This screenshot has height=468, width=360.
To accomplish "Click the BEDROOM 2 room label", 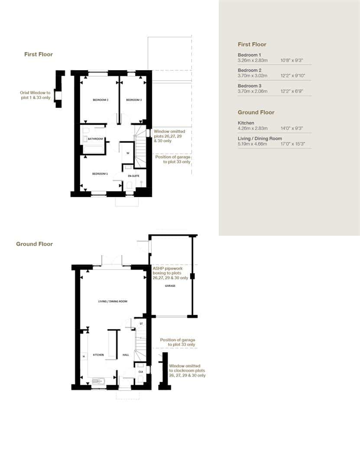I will pos(100,100).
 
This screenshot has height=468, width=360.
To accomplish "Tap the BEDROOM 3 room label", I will pos(134,100).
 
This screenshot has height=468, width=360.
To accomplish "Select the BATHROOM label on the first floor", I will pos(95,139).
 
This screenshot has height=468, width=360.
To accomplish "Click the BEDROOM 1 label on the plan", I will pos(100,174).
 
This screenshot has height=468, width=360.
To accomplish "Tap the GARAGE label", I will pos(170,286).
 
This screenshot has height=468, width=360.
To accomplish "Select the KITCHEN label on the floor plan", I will pos(98,355).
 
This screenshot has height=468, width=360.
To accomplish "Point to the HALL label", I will pos(126,355).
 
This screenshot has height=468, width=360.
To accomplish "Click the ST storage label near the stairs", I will pos(141,324).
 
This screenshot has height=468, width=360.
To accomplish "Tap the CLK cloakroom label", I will pos(140,371).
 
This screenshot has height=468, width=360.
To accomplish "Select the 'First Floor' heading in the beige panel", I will pos(252,44).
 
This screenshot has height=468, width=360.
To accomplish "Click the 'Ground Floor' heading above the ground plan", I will pos(34,244).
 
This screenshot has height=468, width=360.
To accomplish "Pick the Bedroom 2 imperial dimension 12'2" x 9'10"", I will pos(293,75).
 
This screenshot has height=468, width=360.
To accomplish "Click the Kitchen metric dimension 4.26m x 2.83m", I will pos(253,128).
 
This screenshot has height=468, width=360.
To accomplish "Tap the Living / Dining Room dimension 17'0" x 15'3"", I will pos(293,144).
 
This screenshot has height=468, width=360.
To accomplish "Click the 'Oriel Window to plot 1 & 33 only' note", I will pos(35,95).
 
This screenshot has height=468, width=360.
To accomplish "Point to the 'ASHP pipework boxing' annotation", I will pos(170,273).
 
